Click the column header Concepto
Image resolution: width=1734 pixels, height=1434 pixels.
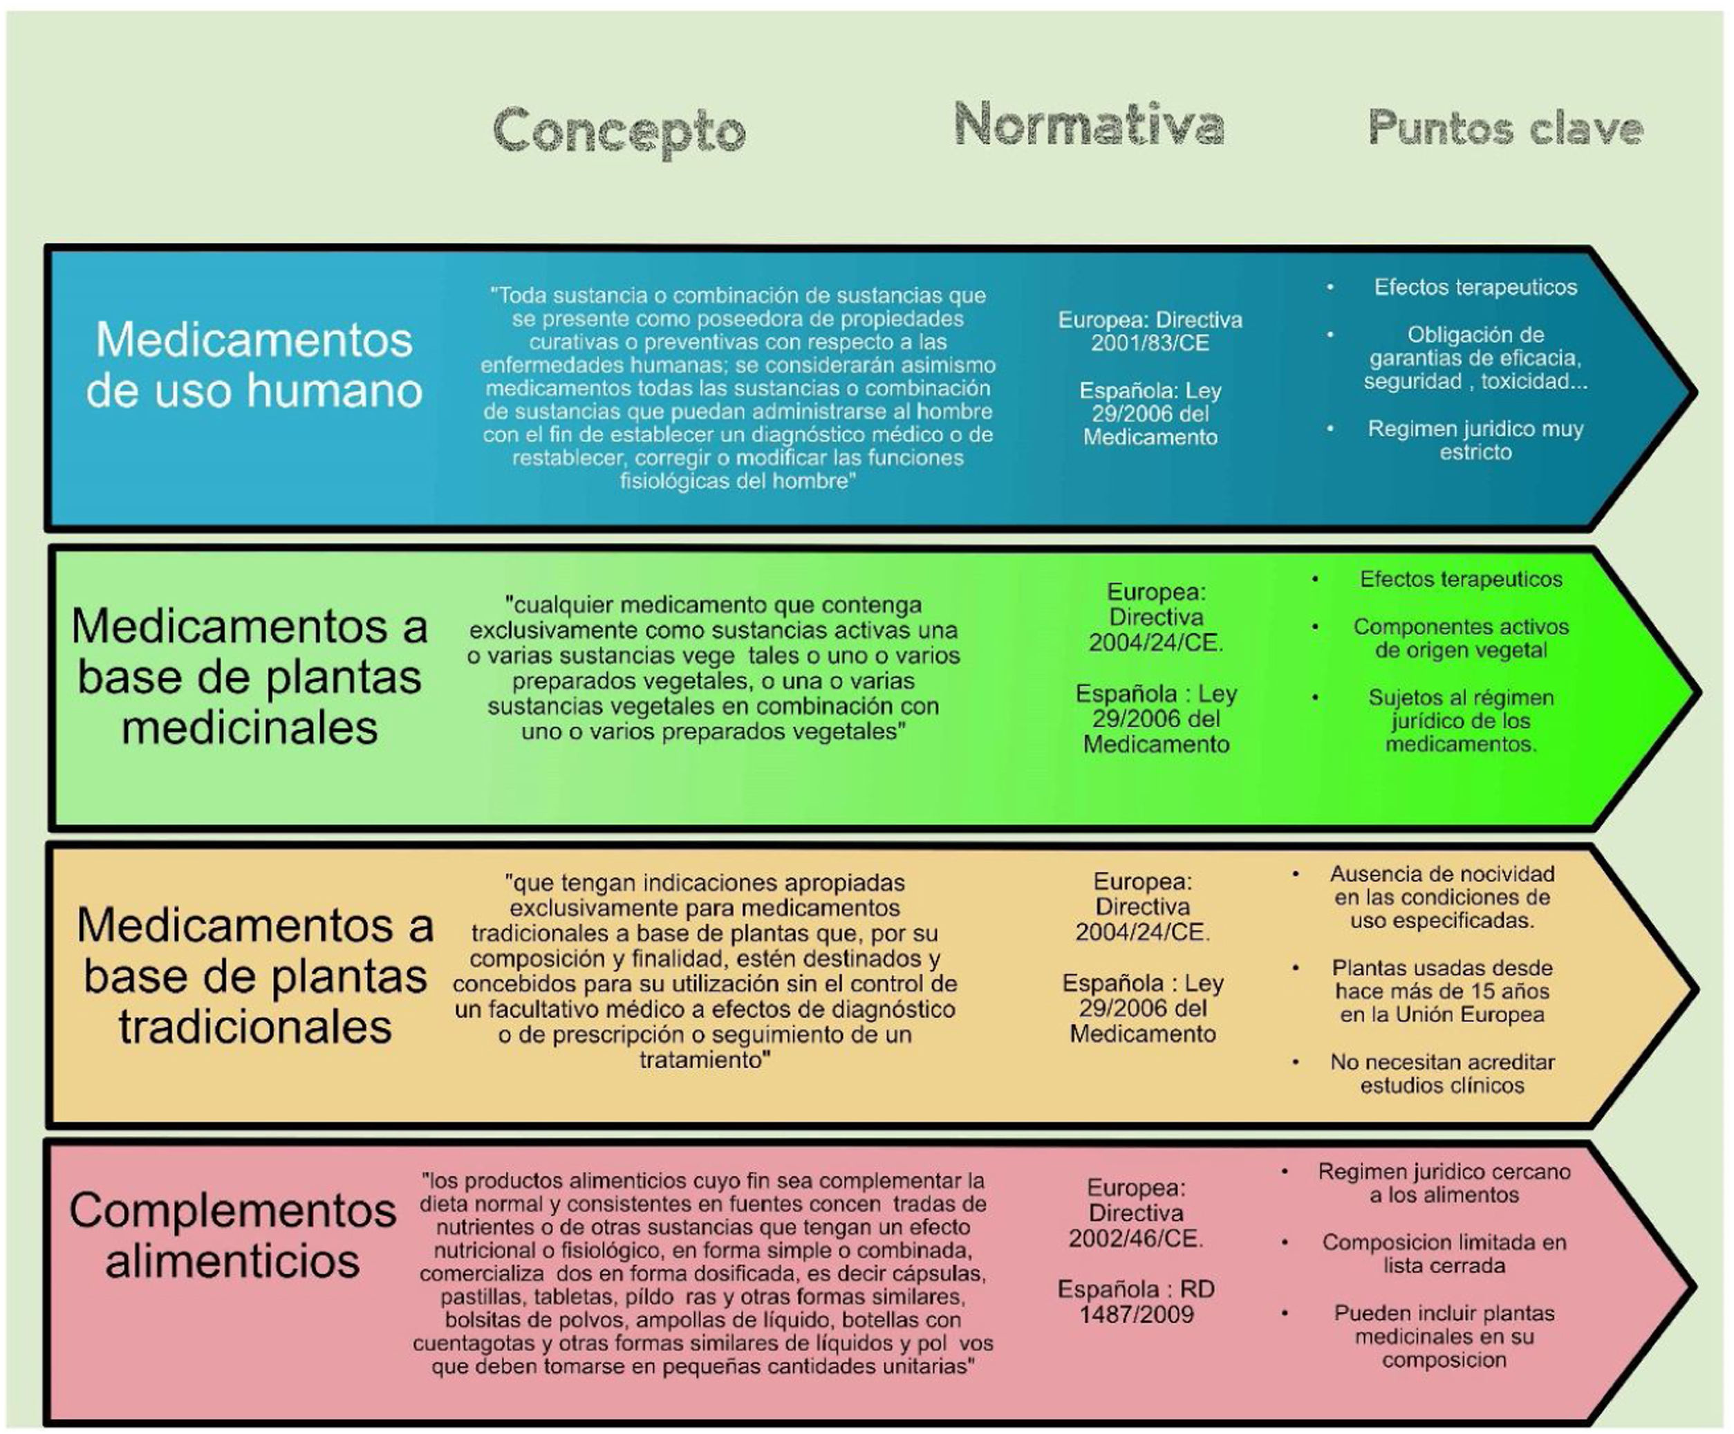tap(619, 131)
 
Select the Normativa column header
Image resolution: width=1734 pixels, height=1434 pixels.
tap(1088, 124)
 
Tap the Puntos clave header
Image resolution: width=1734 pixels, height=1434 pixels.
tap(1505, 128)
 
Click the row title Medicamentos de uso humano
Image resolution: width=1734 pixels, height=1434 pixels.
tap(254, 364)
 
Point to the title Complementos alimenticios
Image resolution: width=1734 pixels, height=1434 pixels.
tap(233, 1236)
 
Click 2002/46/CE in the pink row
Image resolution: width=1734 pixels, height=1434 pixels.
tap(1136, 1238)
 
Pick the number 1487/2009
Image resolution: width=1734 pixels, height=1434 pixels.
tap(1136, 1314)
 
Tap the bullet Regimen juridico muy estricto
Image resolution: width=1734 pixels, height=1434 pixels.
tap(1475, 440)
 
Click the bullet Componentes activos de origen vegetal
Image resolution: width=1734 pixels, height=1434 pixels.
tap(1460, 638)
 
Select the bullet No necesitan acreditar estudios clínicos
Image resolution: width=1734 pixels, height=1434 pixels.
tap(1442, 1073)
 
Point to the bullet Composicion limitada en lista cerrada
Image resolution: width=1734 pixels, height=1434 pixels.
tap(1444, 1254)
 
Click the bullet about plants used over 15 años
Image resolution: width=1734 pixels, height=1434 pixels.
tap(1442, 991)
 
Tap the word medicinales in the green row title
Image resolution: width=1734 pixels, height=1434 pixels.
tap(250, 728)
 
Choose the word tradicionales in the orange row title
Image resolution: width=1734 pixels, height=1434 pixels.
tap(254, 1028)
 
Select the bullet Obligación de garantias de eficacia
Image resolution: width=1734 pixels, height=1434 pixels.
tap(1475, 357)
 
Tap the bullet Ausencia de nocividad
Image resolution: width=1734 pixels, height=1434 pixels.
tap(1442, 897)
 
